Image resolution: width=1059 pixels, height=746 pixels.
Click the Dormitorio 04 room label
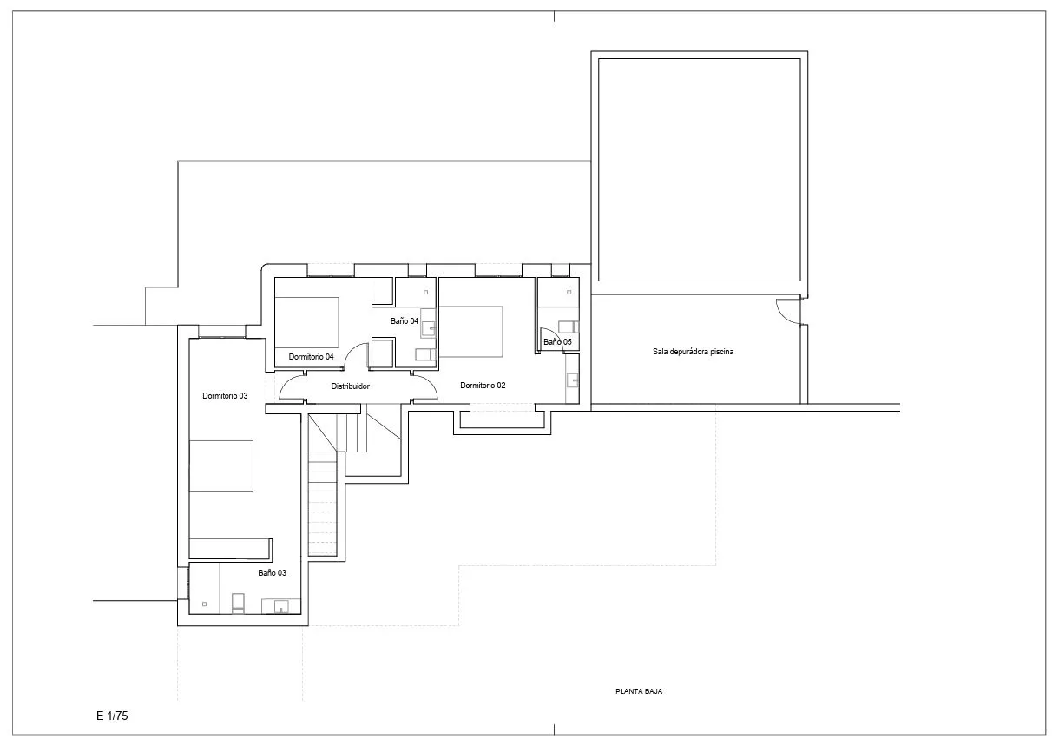(311, 357)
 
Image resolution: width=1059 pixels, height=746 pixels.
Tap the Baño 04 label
(405, 321)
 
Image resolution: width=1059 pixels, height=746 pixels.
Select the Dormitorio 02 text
(483, 386)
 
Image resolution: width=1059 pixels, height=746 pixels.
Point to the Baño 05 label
(557, 342)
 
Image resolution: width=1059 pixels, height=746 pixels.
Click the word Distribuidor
(350, 386)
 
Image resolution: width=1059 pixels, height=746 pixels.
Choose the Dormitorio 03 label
(225, 396)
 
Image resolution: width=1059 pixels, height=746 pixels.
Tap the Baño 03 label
(272, 573)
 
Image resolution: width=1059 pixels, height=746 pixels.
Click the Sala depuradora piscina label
(693, 352)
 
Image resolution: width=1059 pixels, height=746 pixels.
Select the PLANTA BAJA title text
(639, 691)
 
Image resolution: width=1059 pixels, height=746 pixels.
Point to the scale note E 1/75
(112, 716)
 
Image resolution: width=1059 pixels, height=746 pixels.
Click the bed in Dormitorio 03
(221, 466)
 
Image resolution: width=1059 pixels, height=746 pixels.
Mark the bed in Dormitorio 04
(306, 322)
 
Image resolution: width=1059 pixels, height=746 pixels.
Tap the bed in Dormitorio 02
(470, 332)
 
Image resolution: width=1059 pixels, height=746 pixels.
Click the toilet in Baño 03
(238, 604)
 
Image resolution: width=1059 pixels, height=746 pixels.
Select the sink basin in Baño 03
(281, 606)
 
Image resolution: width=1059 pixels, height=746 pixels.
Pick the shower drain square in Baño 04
(425, 293)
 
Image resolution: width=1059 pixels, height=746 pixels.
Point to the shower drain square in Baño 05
(569, 293)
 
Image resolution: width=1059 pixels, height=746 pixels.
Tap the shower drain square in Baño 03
(204, 604)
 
